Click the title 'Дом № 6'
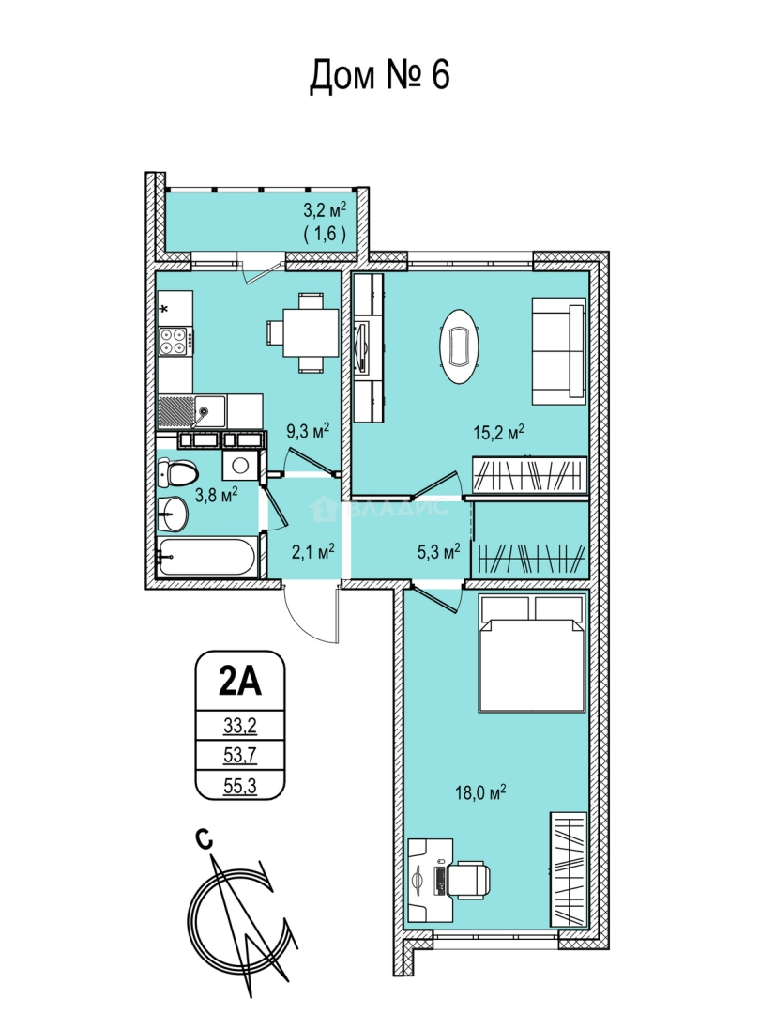379,76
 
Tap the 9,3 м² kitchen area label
309,431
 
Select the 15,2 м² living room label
497,433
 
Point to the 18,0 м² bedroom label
480,792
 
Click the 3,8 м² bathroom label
217,496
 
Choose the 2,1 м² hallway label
312,551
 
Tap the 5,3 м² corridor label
438,551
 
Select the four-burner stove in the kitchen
174,340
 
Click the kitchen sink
192,410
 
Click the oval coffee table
461,345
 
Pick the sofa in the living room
559,351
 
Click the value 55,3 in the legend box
240,786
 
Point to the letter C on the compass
204,839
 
